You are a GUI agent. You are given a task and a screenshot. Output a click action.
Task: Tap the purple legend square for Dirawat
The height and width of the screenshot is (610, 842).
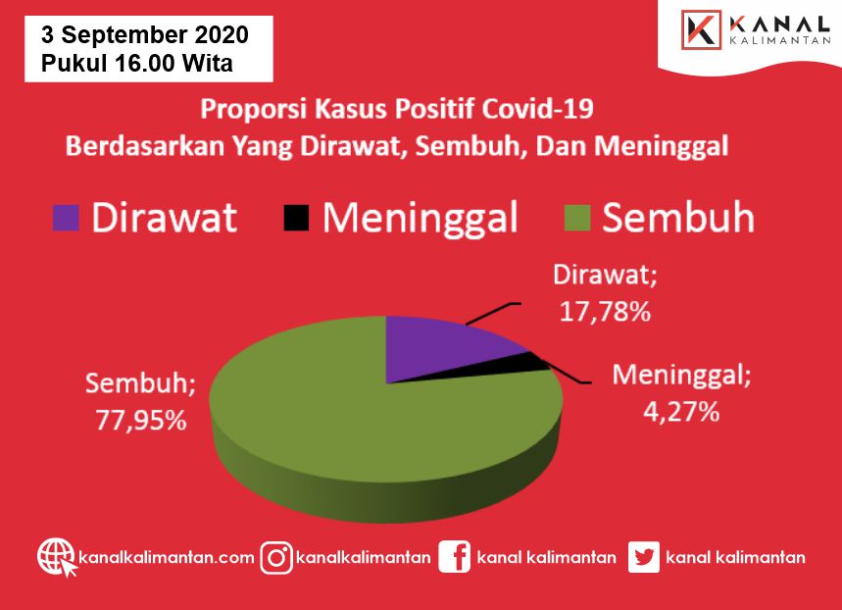click(66, 218)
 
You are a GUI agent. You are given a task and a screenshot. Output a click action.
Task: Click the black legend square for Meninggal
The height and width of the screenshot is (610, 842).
click(296, 218)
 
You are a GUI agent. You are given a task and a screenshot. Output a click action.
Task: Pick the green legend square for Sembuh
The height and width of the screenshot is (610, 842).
click(577, 218)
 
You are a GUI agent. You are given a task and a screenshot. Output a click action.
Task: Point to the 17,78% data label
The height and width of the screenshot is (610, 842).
click(605, 312)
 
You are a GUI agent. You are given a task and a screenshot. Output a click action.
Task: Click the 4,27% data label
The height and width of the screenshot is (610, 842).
click(681, 412)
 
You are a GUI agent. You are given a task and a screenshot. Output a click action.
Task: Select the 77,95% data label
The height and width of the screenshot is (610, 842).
click(141, 421)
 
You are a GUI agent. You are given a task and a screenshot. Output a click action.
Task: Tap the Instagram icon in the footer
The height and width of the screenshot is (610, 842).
click(276, 558)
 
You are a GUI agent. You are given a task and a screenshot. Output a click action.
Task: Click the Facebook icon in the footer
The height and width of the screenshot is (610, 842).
click(454, 557)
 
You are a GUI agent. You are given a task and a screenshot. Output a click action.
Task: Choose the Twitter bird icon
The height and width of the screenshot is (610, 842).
click(643, 557)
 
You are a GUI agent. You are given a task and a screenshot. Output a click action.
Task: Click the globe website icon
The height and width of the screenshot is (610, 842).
click(57, 557)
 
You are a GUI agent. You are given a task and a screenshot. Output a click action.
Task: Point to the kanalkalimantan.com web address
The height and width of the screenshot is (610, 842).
click(167, 557)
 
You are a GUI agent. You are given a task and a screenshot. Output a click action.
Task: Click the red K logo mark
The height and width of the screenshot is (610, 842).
click(701, 30)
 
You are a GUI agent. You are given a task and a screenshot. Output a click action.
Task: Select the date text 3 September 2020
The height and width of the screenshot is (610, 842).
click(145, 35)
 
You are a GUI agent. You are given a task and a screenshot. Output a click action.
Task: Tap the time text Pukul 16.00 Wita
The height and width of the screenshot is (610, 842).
click(137, 63)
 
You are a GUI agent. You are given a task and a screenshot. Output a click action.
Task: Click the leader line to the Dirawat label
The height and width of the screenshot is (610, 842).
click(493, 314)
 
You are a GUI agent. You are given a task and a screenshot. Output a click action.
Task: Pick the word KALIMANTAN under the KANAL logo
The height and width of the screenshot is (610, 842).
click(780, 41)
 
